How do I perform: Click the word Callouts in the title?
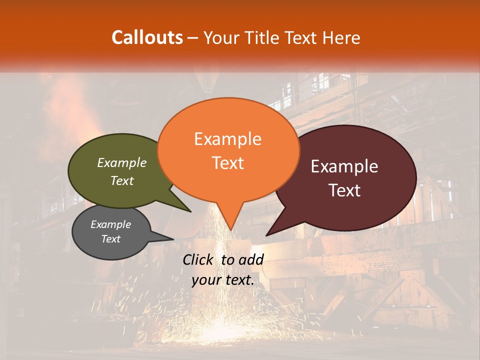coord(147,37)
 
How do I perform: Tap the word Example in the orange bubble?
coord(227,139)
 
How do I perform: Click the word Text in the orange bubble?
coord(227,162)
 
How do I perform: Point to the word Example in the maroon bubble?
coord(344,166)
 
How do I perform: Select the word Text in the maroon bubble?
coord(344,190)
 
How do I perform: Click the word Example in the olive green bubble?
coord(121,162)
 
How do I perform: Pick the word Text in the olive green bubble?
coord(121,180)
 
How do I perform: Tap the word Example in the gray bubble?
coord(110,224)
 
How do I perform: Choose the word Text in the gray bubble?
coord(110,239)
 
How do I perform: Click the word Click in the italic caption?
coord(198,259)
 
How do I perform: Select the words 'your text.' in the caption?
coord(223,280)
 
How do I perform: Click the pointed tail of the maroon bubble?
coord(267,235)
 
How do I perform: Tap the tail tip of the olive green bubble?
coord(191,211)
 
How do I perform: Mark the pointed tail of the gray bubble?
coord(173,239)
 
